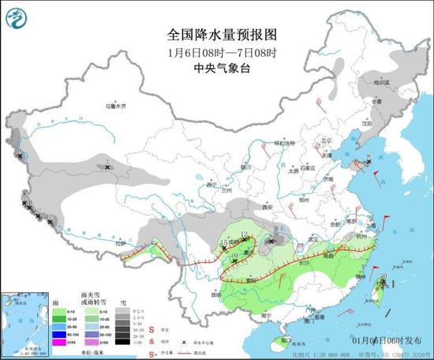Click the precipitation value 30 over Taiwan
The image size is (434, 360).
coord(383,276)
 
